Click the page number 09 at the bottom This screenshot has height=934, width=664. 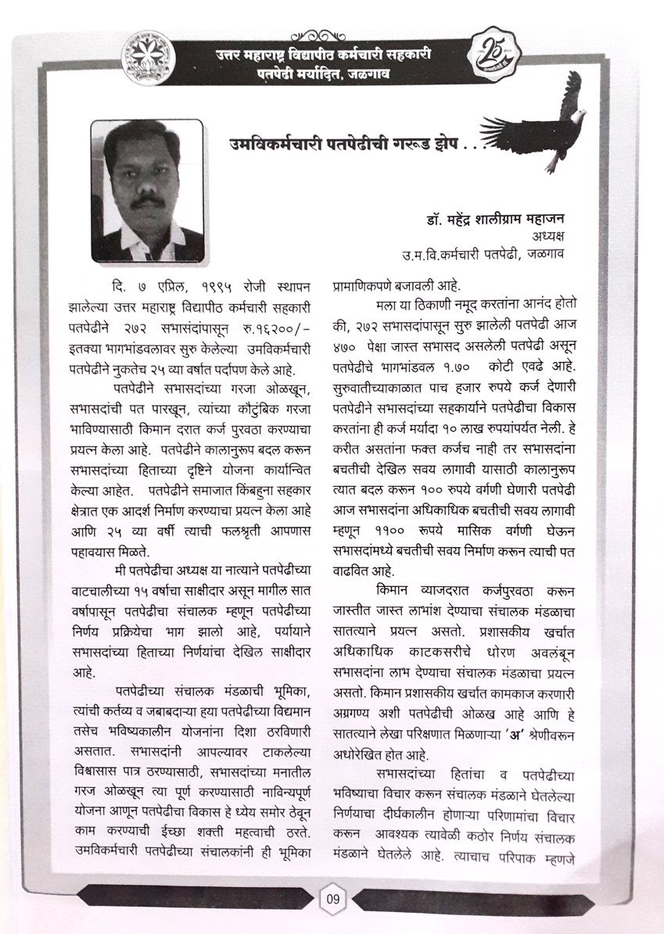point(332,899)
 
